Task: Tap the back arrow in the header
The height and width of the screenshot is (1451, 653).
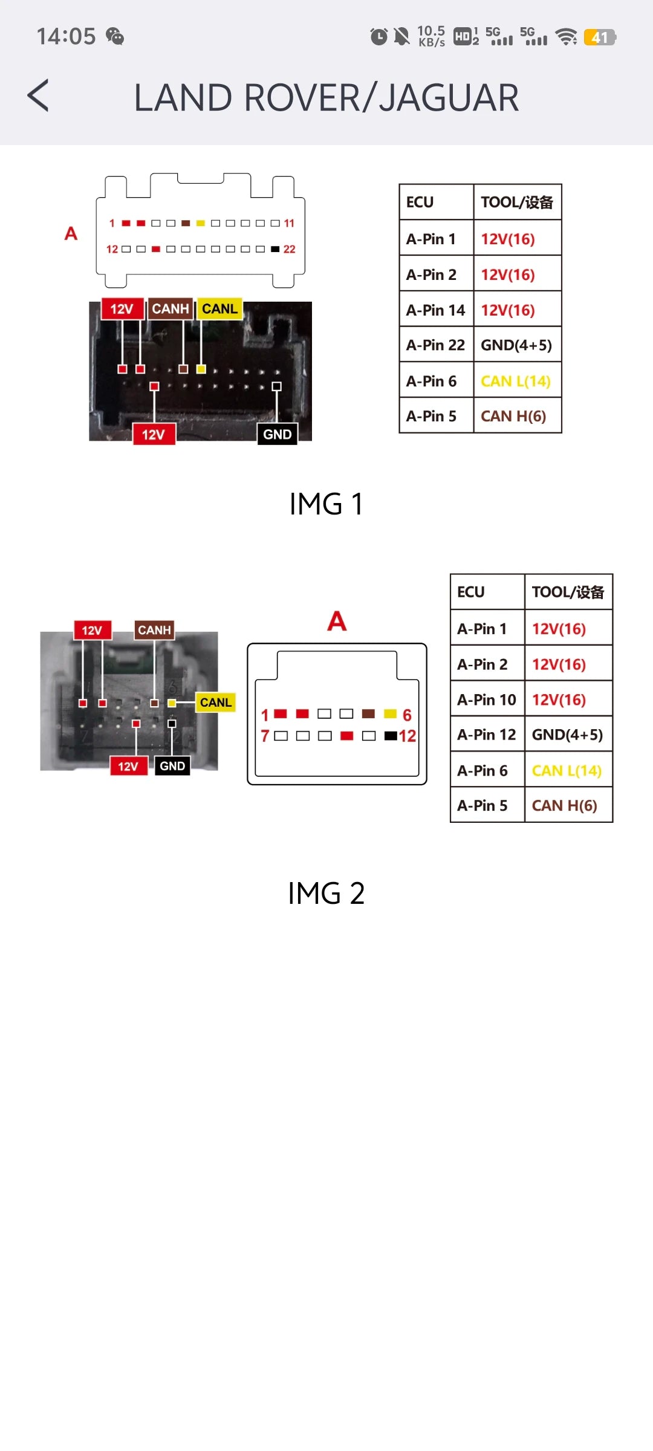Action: [x=38, y=96]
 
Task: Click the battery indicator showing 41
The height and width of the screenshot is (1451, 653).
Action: [x=599, y=37]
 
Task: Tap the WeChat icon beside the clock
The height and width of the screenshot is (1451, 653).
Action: [x=115, y=36]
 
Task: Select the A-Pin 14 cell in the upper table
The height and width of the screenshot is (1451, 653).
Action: [x=435, y=310]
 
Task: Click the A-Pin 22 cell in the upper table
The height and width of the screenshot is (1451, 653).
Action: [x=435, y=345]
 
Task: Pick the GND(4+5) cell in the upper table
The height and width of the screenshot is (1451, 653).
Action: [x=516, y=345]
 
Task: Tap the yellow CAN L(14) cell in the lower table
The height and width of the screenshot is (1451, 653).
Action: [x=567, y=771]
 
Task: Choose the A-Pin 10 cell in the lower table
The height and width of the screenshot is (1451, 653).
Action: [x=487, y=700]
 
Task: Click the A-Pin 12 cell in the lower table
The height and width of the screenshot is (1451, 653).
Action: [x=487, y=735]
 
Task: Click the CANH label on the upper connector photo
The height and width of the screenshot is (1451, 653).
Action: [x=171, y=309]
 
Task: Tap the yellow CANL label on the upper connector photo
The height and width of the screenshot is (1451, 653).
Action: [x=219, y=309]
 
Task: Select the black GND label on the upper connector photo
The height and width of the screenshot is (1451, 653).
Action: [x=277, y=434]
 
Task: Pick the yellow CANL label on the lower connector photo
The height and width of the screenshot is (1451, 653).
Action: [x=216, y=703]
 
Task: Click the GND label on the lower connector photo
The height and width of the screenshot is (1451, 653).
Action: [x=172, y=766]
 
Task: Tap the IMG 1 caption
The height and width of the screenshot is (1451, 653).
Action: [x=326, y=504]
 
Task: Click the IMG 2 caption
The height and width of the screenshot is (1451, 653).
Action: [x=326, y=893]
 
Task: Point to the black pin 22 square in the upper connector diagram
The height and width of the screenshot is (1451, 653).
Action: [x=275, y=249]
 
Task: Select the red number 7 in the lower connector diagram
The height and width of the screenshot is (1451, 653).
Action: [x=265, y=736]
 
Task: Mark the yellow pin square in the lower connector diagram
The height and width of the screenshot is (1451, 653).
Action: [x=390, y=714]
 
